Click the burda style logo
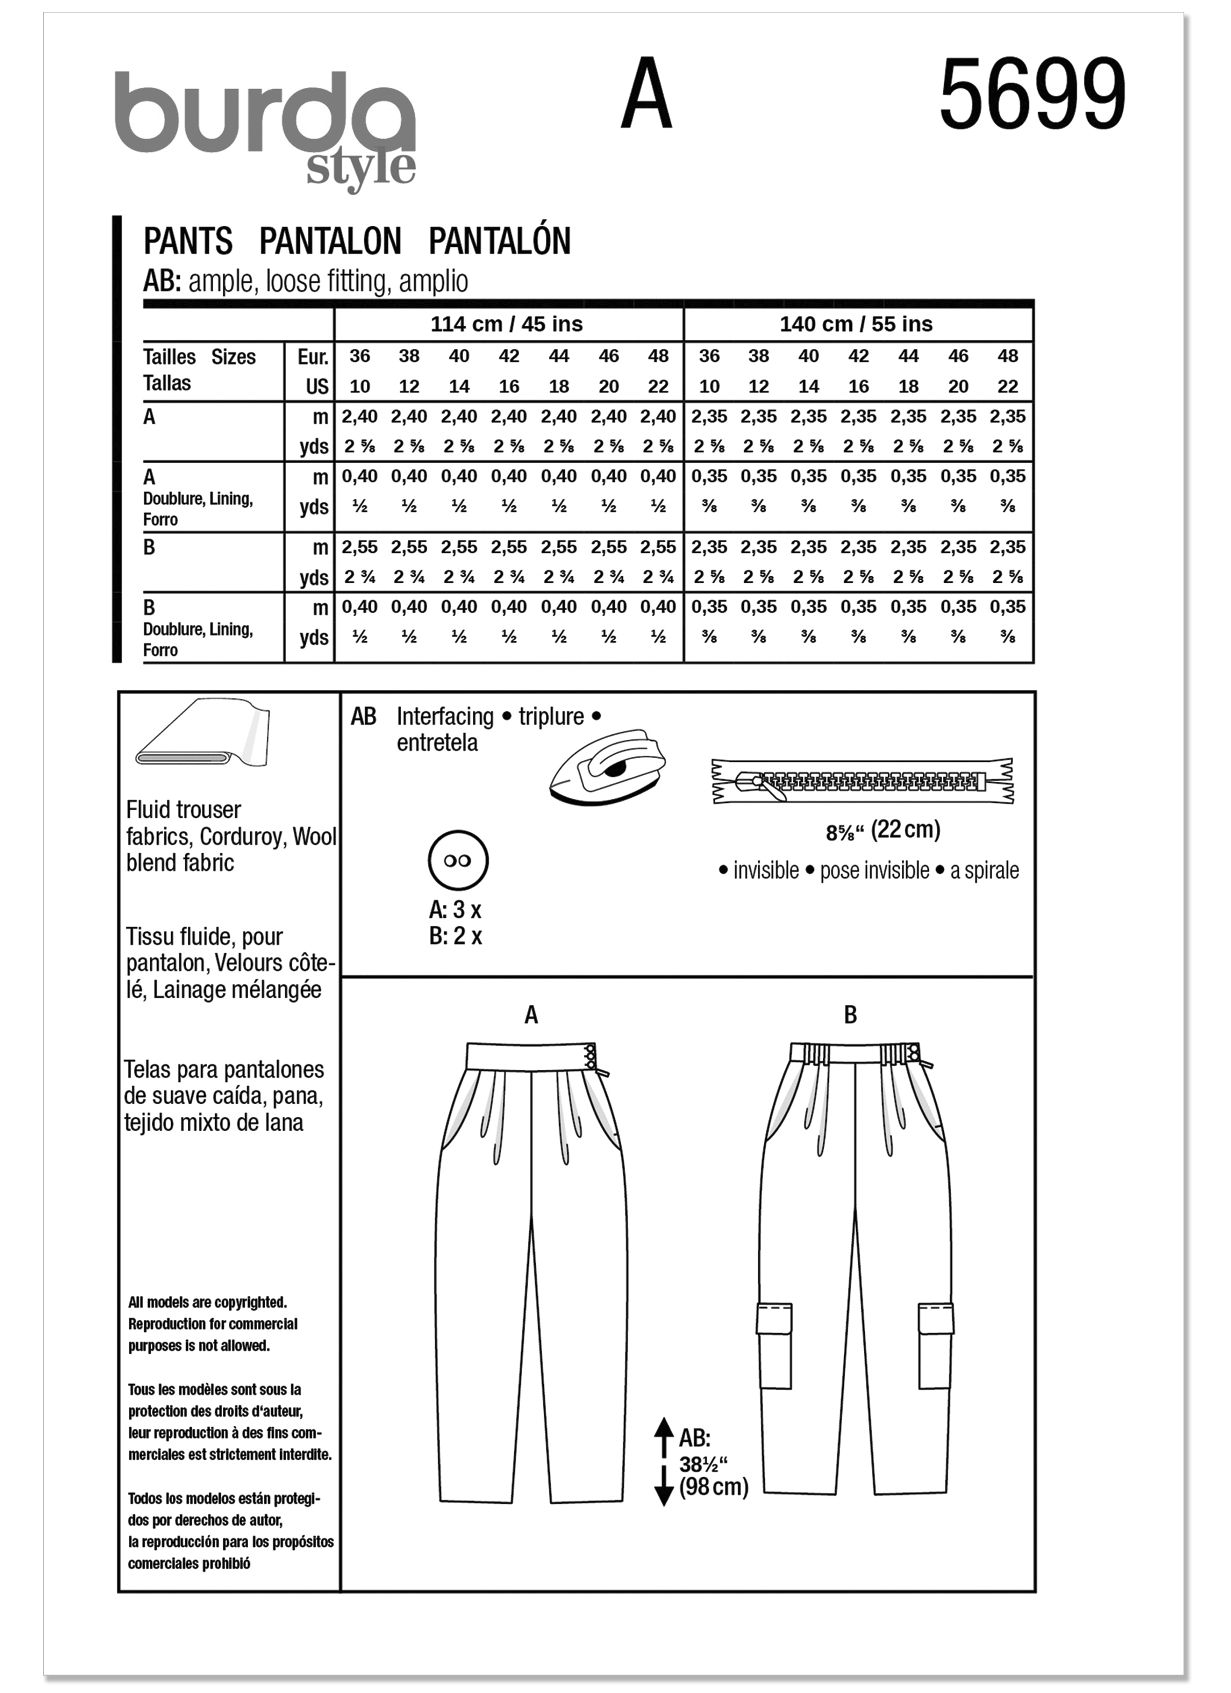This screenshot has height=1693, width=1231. click(265, 127)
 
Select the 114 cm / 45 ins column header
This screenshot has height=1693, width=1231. click(506, 324)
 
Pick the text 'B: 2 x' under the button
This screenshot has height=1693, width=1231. click(455, 936)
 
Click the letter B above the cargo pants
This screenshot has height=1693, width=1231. click(850, 1015)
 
